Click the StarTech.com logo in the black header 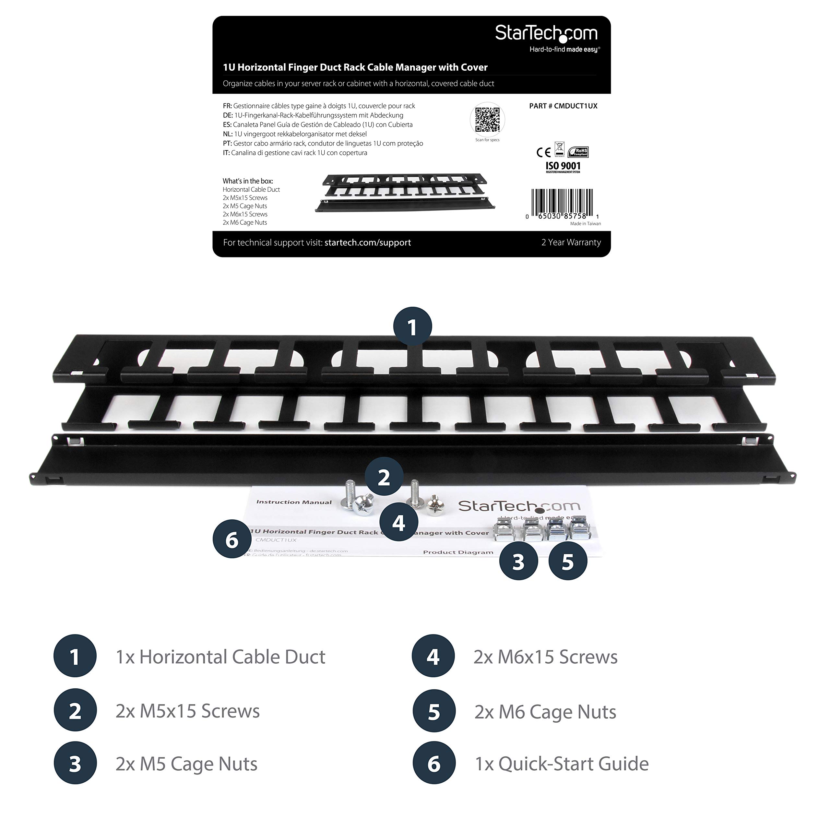click(x=546, y=34)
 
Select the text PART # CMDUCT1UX click(x=563, y=106)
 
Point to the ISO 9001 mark click(x=563, y=166)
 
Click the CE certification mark click(x=543, y=152)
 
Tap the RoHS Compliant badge click(x=578, y=152)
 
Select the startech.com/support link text click(x=367, y=243)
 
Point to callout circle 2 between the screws click(x=384, y=477)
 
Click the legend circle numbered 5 click(x=434, y=712)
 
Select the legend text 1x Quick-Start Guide click(x=562, y=764)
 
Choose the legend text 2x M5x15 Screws click(x=188, y=711)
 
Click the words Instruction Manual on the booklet click(x=294, y=502)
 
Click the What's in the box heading click(x=248, y=181)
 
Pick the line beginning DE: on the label click(x=313, y=115)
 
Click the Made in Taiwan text click(x=585, y=224)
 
